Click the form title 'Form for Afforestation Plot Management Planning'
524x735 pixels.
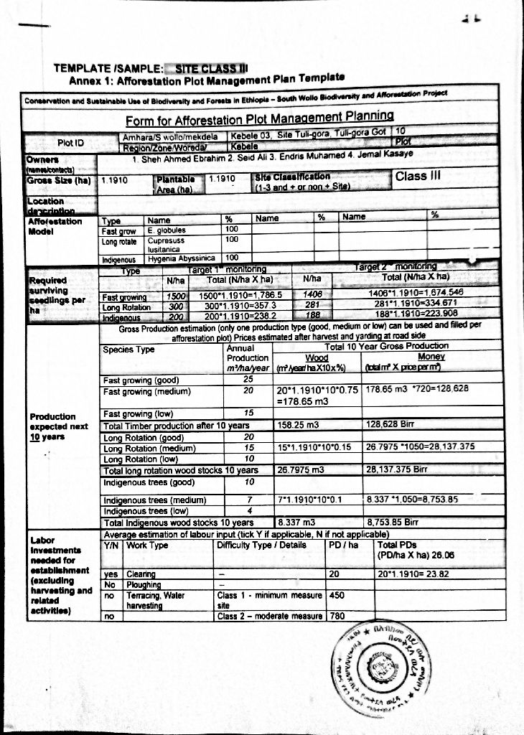tap(261, 118)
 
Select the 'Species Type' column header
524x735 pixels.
tap(129, 350)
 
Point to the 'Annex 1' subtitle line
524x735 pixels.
tap(208, 80)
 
